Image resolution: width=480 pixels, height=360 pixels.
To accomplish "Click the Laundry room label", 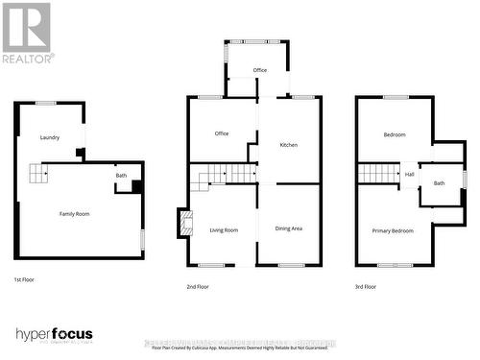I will pyautogui.click(x=50, y=137).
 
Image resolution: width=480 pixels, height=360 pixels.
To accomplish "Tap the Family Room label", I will pyautogui.click(x=74, y=213).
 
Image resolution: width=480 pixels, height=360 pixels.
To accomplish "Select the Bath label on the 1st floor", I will pyautogui.click(x=121, y=176).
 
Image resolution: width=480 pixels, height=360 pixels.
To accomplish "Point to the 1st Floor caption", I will pyautogui.click(x=26, y=279).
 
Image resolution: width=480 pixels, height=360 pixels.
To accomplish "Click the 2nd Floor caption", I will pyautogui.click(x=199, y=286).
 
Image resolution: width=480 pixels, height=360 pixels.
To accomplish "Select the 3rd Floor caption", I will pyautogui.click(x=365, y=286).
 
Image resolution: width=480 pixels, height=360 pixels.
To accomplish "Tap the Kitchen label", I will pyautogui.click(x=288, y=145).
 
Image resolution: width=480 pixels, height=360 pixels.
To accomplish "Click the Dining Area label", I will pyautogui.click(x=289, y=228).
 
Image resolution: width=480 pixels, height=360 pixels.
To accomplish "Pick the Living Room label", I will pyautogui.click(x=223, y=230).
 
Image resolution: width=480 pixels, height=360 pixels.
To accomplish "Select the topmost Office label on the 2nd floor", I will pyautogui.click(x=259, y=70).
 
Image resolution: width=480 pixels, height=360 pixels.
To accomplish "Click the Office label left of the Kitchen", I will pyautogui.click(x=221, y=133).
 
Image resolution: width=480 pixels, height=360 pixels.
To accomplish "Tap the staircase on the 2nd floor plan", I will pyautogui.click(x=222, y=174).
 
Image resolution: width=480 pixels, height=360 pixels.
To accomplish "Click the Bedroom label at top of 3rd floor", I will pyautogui.click(x=395, y=134).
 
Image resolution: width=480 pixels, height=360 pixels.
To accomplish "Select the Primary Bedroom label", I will pyautogui.click(x=393, y=230).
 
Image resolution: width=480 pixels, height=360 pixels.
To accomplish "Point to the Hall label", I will pyautogui.click(x=409, y=174).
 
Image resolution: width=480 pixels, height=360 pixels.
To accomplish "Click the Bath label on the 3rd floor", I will pyautogui.click(x=439, y=182).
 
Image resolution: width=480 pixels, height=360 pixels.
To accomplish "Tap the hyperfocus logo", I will pyautogui.click(x=55, y=334).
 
